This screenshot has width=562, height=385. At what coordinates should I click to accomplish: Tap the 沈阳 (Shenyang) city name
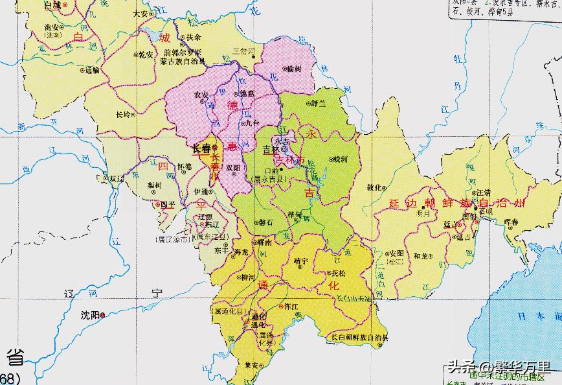91,316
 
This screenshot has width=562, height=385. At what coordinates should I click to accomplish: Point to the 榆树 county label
293,68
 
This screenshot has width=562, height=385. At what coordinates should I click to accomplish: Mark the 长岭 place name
122,115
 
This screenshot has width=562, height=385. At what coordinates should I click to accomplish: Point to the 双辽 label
117,177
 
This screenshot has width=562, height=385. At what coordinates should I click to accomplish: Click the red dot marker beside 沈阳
107,314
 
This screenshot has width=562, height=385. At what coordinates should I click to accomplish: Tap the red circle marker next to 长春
214,148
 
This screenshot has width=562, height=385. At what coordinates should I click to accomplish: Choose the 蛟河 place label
341,158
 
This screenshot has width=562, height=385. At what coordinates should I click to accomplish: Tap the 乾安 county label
144,55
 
